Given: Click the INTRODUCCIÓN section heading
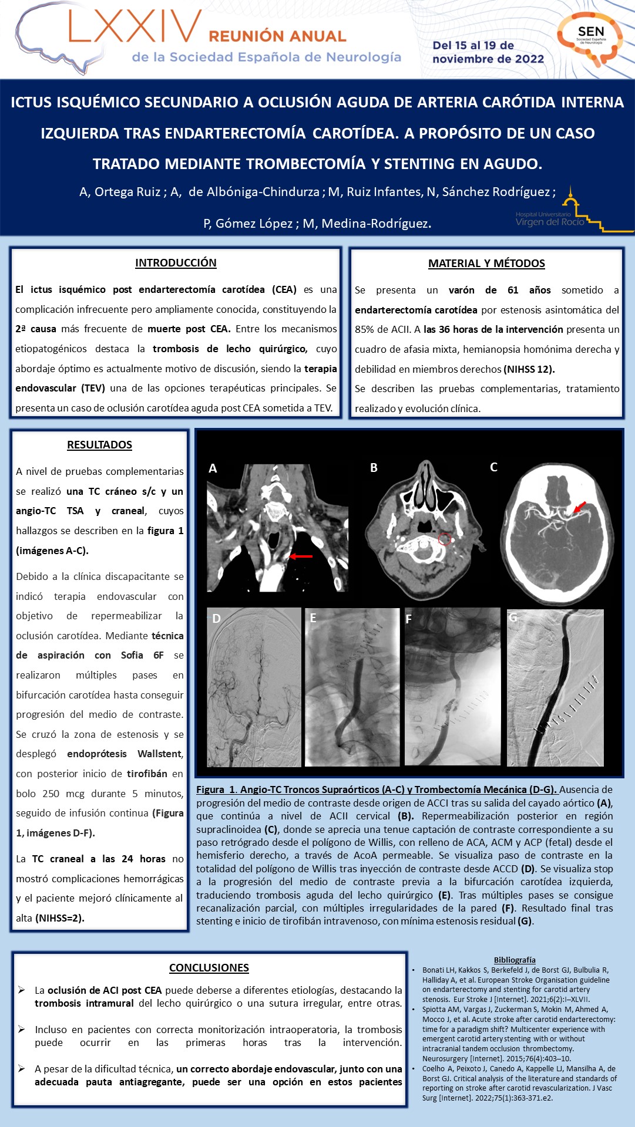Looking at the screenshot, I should [176, 263].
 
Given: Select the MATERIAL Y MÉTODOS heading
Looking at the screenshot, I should [486, 264].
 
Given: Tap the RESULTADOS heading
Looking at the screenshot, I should [99, 445].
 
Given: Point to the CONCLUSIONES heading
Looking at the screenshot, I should [209, 968].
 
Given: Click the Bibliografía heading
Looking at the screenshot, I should [515, 960].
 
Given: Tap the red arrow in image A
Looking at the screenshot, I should [301, 556].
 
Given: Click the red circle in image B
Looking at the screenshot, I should [444, 538].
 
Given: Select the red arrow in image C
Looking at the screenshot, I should [579, 507].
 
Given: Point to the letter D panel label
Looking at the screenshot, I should [216, 618].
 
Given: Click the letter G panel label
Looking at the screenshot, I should [513, 618].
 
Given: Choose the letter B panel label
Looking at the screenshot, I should [374, 468].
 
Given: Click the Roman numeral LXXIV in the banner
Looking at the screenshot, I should [135, 28].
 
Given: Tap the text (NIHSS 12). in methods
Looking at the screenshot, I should [529, 369].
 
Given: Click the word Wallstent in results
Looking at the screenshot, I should [160, 754].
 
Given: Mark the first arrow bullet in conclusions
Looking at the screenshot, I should [22, 990].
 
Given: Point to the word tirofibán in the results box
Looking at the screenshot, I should [147, 774].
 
